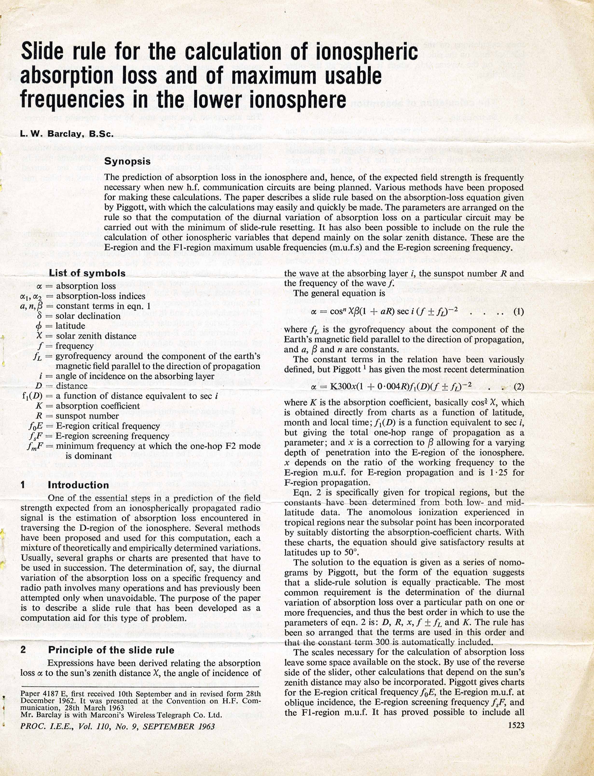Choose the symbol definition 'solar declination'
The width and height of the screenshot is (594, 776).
tap(88, 316)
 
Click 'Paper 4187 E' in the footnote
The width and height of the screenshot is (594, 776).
tap(42, 694)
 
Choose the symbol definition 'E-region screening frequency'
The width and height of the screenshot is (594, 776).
tap(112, 436)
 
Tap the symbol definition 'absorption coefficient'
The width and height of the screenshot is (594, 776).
tap(97, 406)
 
